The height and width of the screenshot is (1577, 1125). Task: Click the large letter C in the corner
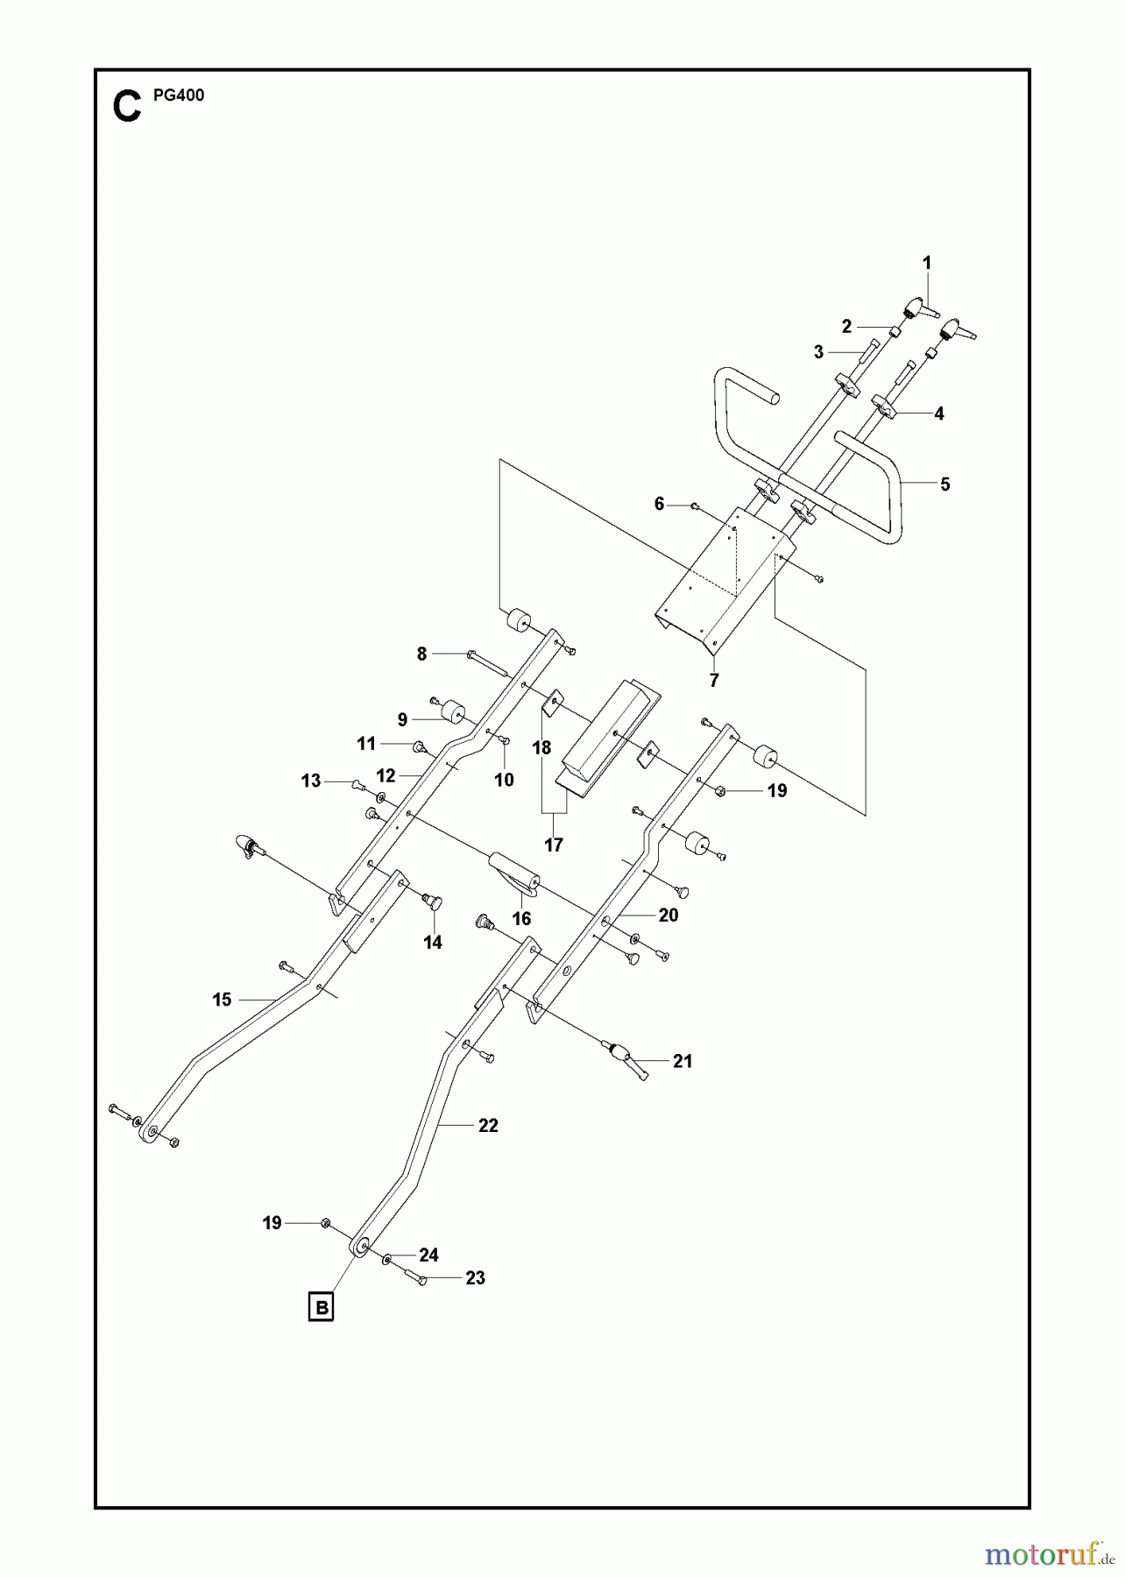click(x=127, y=107)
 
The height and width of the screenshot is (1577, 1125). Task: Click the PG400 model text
click(x=179, y=95)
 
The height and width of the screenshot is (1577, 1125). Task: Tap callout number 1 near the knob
click(x=927, y=263)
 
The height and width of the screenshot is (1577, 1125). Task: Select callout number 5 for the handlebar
click(x=945, y=484)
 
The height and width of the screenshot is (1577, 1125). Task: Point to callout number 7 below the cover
click(x=714, y=681)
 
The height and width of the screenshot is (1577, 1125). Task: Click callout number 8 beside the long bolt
click(x=421, y=654)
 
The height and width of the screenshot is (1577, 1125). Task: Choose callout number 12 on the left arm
click(x=386, y=776)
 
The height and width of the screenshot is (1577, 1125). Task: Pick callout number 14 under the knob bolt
click(x=433, y=943)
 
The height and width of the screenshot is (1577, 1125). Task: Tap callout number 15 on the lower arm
click(x=222, y=1000)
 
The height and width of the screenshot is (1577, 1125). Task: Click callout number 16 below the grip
click(x=521, y=919)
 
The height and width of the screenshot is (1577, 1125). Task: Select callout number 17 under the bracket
click(x=554, y=845)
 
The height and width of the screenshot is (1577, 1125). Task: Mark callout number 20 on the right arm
click(x=669, y=916)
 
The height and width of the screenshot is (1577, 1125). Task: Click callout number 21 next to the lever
click(x=683, y=1062)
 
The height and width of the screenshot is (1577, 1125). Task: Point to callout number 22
click(x=488, y=1126)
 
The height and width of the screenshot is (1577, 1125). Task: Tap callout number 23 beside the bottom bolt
click(x=475, y=1278)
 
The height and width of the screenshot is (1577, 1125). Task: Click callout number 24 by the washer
click(x=428, y=1255)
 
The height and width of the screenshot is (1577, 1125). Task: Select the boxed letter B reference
click(x=322, y=1308)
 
